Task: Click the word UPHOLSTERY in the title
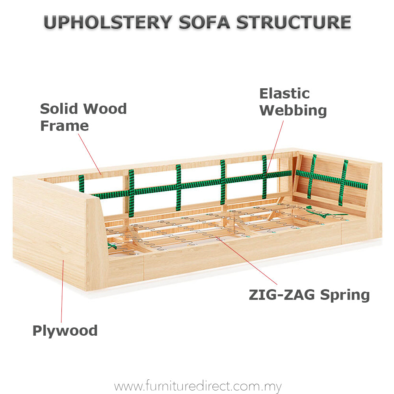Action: pyautogui.click(x=108, y=22)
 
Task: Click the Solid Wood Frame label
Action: pyautogui.click(x=83, y=117)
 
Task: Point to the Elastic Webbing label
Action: pyautogui.click(x=293, y=102)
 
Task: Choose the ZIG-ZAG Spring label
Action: pyautogui.click(x=309, y=295)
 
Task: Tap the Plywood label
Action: pyautogui.click(x=65, y=331)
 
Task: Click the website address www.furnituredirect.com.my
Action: pyautogui.click(x=198, y=386)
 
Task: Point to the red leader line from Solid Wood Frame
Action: pyautogui.click(x=90, y=154)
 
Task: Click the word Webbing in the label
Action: pyautogui.click(x=293, y=111)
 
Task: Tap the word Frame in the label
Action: pyautogui.click(x=64, y=126)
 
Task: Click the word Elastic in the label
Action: pyautogui.click(x=284, y=94)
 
